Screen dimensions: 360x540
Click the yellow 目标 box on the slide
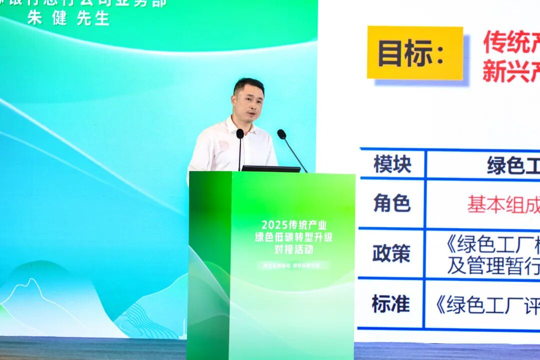coord(415,53)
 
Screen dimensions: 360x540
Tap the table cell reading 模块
coord(392,164)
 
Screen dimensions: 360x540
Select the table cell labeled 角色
coord(392,203)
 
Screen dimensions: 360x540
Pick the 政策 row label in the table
coord(391,253)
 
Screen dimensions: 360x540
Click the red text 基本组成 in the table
coord(503,204)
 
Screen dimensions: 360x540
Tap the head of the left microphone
coord(240,133)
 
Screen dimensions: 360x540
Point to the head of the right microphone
coord(281,134)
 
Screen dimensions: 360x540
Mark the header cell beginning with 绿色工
coord(512,165)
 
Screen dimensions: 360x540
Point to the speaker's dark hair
coord(248,84)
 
